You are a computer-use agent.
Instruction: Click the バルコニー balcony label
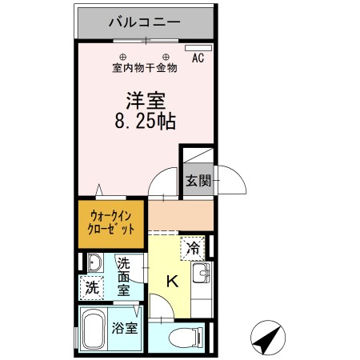pyautogui.click(x=145, y=22)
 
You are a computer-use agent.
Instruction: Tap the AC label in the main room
pyautogui.click(x=198, y=58)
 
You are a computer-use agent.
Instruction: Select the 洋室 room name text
pyautogui.click(x=145, y=102)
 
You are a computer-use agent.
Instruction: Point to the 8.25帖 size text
pyautogui.click(x=145, y=123)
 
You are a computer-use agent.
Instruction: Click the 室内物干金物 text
pyautogui.click(x=145, y=68)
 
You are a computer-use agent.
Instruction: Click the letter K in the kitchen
pyautogui.click(x=171, y=281)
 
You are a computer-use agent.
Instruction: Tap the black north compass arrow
pyautogui.click(x=266, y=338)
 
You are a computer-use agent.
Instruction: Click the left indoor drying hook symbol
pyautogui.click(x=123, y=56)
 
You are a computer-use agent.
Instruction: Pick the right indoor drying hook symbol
pyautogui.click(x=166, y=56)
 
